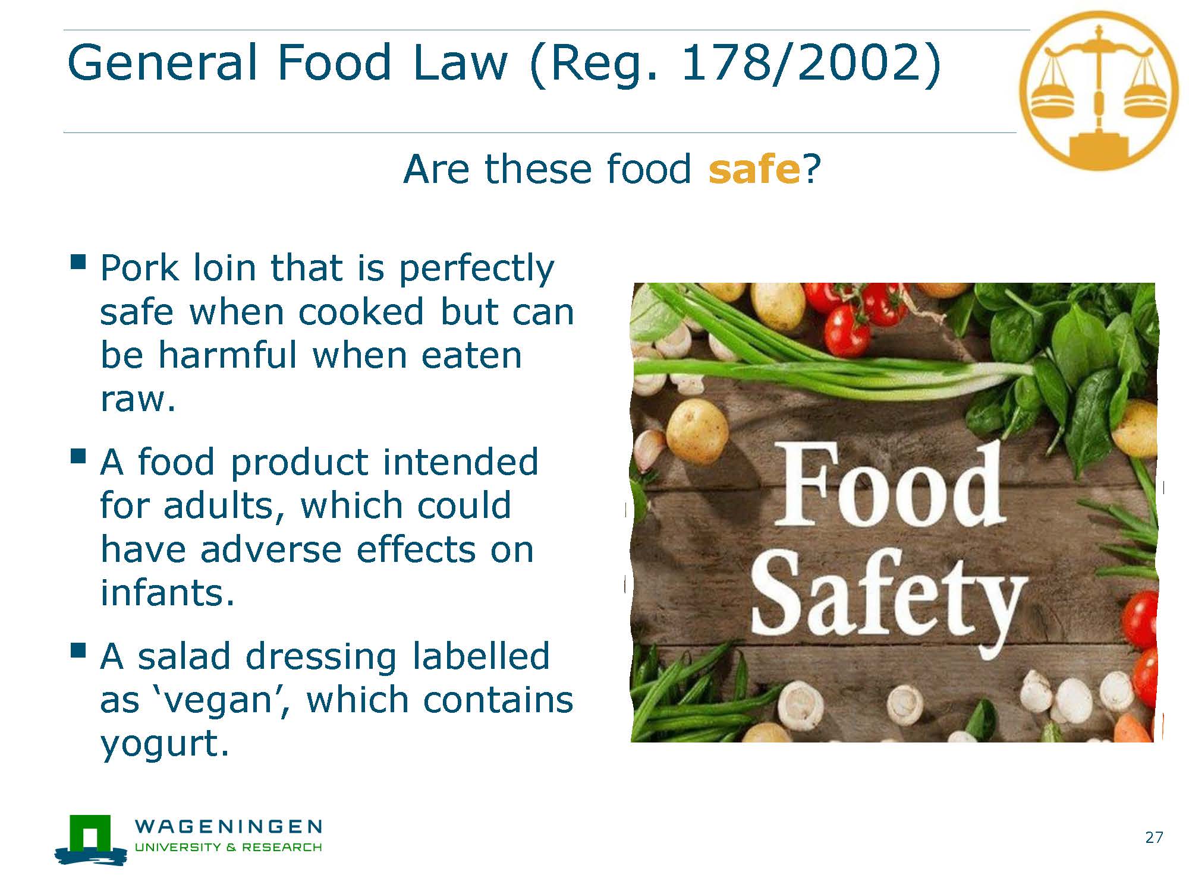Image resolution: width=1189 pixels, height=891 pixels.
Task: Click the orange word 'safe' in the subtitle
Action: [754, 169]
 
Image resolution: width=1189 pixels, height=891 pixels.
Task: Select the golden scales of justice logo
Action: [1099, 90]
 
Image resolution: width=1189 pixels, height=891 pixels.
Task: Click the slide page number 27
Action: [1154, 838]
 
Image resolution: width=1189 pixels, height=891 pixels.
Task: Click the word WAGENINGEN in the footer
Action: [229, 826]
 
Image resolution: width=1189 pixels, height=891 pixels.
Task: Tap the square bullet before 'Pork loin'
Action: [78, 262]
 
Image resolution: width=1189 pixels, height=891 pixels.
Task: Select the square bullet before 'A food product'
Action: [78, 456]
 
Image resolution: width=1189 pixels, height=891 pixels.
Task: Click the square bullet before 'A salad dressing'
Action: [78, 650]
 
